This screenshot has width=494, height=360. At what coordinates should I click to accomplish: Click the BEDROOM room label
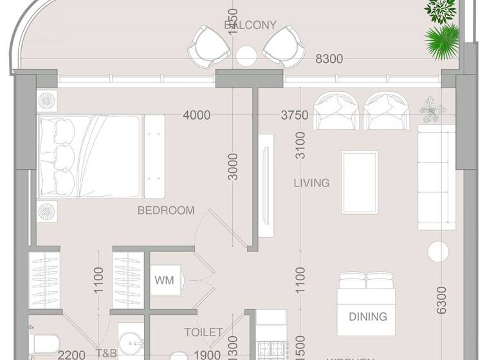[x=166, y=210]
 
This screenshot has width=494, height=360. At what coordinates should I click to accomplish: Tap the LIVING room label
[x=311, y=183]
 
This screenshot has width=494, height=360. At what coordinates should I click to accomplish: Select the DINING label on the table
[x=368, y=316]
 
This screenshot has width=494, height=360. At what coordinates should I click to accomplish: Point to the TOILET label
[x=203, y=332]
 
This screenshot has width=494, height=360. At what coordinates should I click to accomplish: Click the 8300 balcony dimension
[x=329, y=59]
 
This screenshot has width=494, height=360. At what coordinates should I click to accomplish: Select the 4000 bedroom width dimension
[x=196, y=116]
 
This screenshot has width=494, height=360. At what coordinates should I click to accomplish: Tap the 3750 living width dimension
[x=295, y=116]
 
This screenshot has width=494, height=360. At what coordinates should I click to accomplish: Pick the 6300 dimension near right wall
[x=441, y=300]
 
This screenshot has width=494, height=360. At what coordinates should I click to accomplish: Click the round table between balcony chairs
[x=246, y=55]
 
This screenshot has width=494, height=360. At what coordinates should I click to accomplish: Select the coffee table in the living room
[x=360, y=182]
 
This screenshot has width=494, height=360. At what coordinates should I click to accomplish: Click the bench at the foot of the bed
[x=153, y=156]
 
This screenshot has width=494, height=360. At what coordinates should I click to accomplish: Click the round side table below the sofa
[x=439, y=251]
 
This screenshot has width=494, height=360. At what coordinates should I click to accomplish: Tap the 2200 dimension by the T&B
[x=71, y=354]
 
